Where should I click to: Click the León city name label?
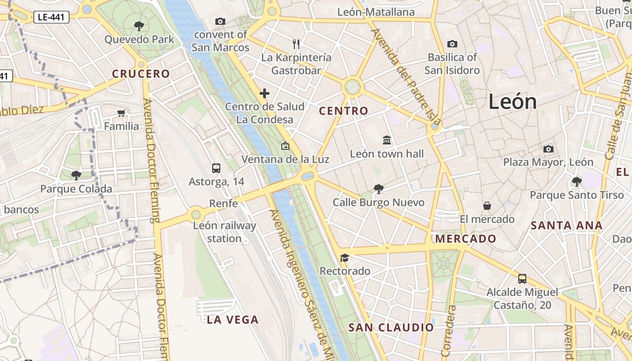click(x=512, y=102)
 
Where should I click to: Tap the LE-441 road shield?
click(x=51, y=18)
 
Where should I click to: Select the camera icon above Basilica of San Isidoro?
click(x=452, y=44)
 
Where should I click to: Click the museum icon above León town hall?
click(x=387, y=140)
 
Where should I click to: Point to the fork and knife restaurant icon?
click(x=296, y=44)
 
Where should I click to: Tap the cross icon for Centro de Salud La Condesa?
click(x=265, y=93)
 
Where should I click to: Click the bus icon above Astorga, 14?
click(x=216, y=168)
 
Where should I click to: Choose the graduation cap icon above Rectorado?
click(x=344, y=258)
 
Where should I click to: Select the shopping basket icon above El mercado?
click(x=487, y=206)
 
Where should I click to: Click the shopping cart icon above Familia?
click(x=121, y=113)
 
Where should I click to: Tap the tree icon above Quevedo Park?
click(x=139, y=26)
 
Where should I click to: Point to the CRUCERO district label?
click(x=141, y=74)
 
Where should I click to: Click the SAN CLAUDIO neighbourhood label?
click(x=391, y=328)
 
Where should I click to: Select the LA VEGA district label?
click(x=232, y=320)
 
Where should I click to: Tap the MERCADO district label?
click(x=465, y=239)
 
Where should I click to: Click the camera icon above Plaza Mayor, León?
click(x=548, y=149)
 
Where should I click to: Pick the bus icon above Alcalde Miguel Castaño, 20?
click(x=522, y=278)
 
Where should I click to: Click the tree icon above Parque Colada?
click(x=76, y=175)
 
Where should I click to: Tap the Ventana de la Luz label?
click(x=285, y=159)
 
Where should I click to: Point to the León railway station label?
click(x=224, y=232)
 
